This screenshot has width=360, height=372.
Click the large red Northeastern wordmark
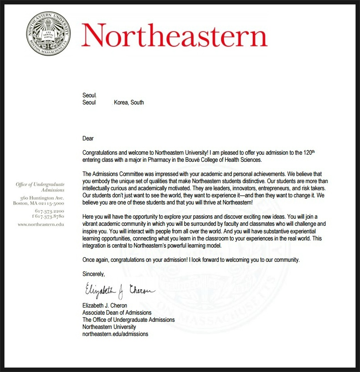174,35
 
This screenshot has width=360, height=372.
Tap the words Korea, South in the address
129,102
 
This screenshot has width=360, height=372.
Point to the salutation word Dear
88,139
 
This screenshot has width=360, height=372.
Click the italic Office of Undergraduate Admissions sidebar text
40,187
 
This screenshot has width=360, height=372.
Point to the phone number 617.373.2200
49,211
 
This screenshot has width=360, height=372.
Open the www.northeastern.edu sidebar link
41,225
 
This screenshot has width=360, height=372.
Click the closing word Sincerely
94,274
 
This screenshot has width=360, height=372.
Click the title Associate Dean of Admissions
117,312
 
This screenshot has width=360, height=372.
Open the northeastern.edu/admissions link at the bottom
115,334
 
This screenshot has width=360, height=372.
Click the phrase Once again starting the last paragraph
95,260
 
